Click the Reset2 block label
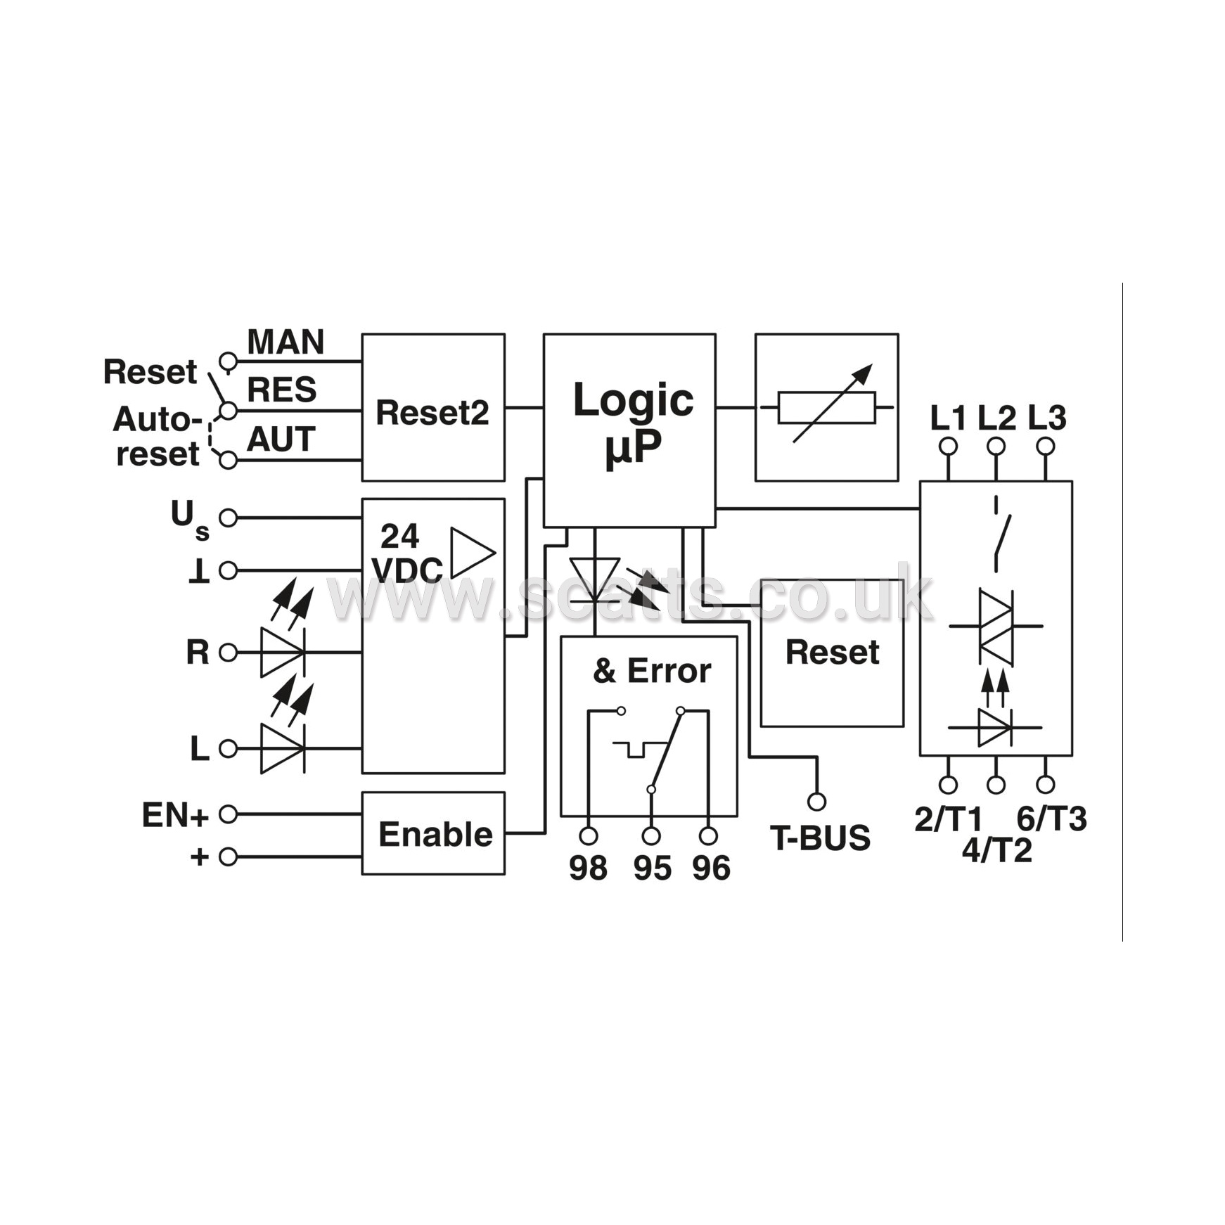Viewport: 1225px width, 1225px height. tap(432, 412)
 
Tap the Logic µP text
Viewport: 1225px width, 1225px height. tap(633, 423)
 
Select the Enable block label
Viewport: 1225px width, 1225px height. tap(435, 834)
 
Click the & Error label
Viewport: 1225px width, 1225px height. tap(652, 670)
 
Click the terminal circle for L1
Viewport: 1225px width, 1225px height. tap(948, 446)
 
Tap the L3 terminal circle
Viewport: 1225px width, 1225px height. tap(1045, 446)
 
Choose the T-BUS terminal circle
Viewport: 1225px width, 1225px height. tap(816, 801)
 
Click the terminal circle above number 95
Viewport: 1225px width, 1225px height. tap(651, 835)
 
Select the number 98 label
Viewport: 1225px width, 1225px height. tap(588, 868)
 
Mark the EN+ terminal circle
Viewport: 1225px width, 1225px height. tap(228, 814)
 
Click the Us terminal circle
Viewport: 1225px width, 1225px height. tap(228, 518)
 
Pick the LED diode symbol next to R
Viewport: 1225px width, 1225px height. tap(283, 652)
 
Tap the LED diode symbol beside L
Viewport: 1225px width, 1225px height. tap(283, 748)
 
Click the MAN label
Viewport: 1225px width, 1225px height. tap(286, 342)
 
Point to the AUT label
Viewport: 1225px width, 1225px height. tap(281, 440)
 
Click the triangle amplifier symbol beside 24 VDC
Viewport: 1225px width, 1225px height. tap(473, 553)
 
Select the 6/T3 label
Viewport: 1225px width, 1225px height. tap(1052, 819)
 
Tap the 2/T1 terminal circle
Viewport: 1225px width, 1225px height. tap(948, 784)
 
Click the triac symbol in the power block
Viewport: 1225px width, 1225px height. tap(996, 626)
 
